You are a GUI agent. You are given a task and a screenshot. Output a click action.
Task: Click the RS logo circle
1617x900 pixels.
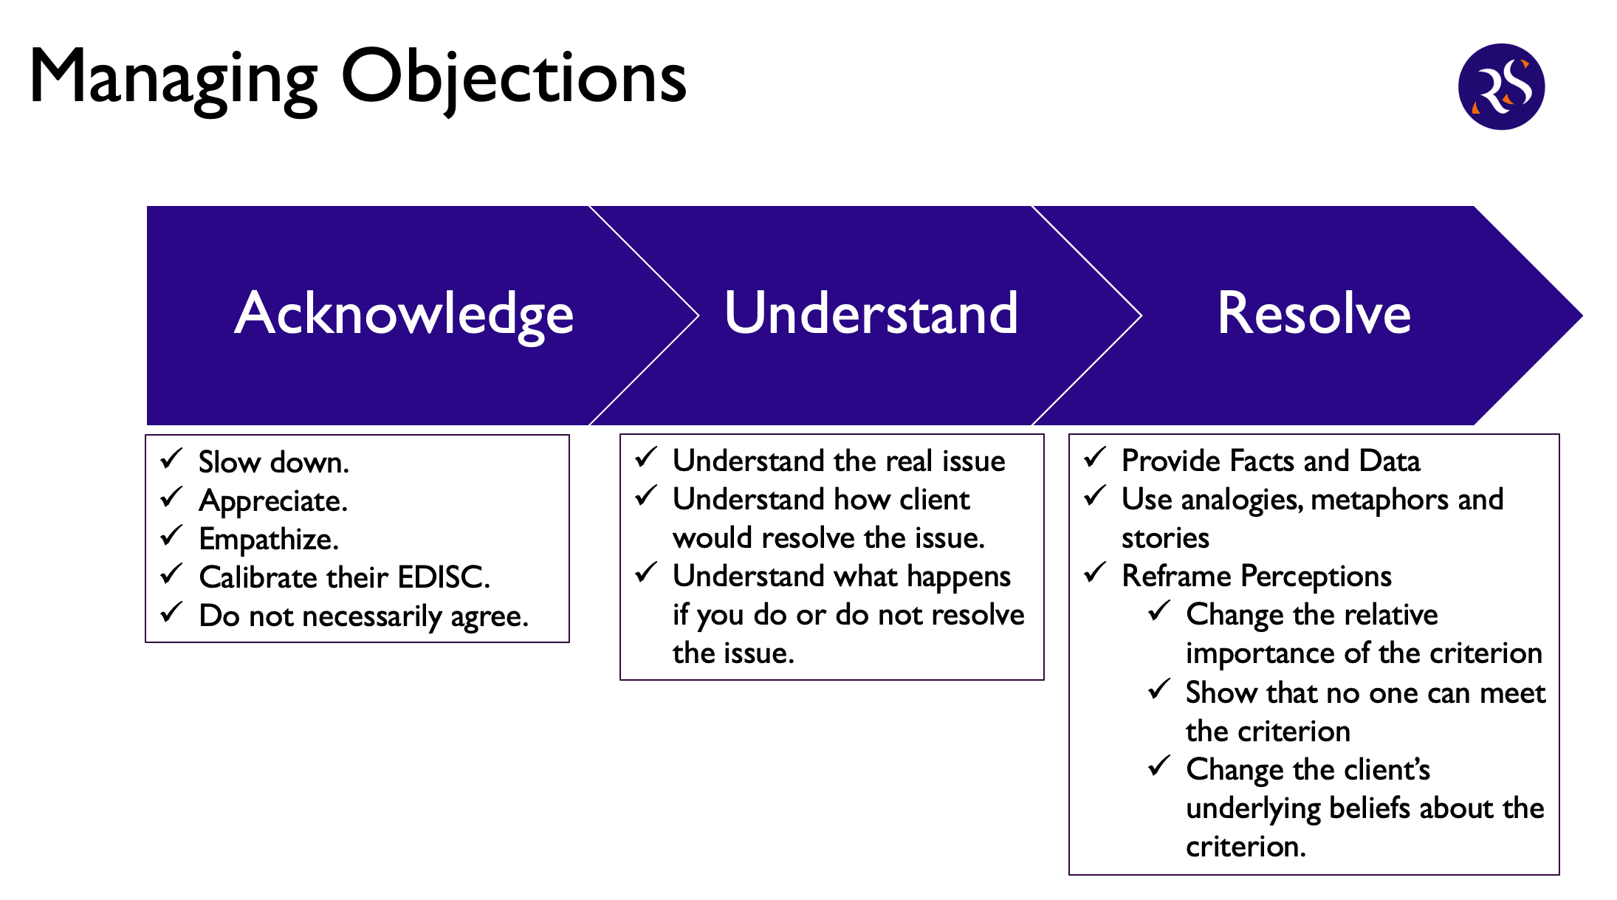tap(1501, 86)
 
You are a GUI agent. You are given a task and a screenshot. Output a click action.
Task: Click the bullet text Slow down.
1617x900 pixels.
tap(274, 462)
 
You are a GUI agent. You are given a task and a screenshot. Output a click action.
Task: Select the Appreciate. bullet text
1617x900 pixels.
tap(273, 502)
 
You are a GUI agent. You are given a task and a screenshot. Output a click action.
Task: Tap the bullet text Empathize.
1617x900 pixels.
tap(269, 540)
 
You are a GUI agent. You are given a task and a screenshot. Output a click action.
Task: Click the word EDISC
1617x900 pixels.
tap(444, 577)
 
